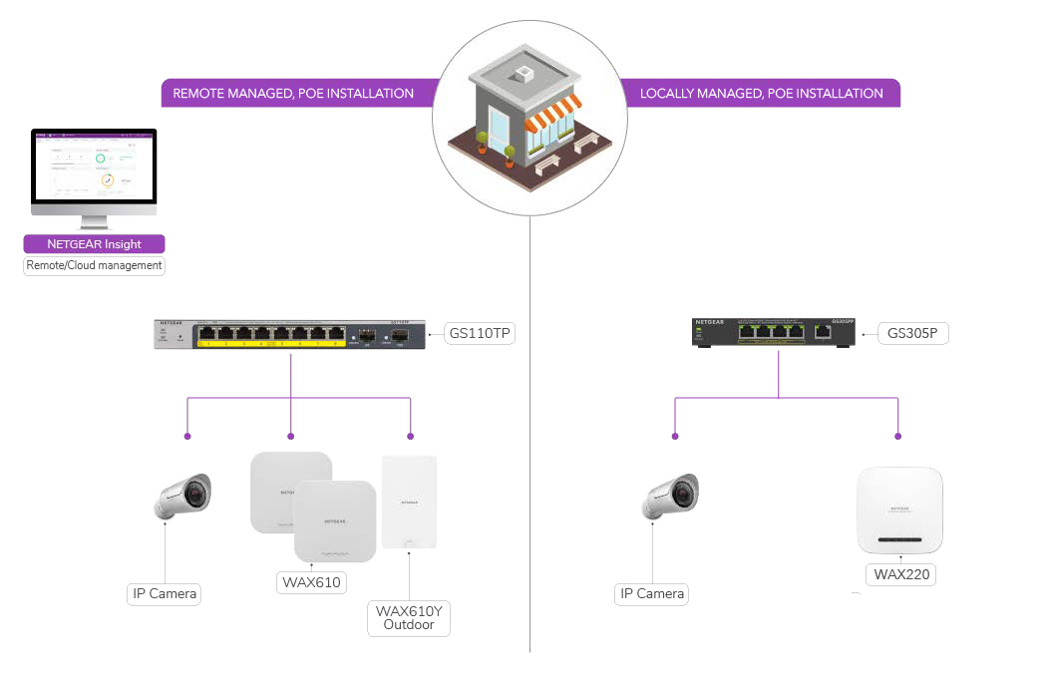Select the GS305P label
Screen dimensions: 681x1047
click(x=913, y=333)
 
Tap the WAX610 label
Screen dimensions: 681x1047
click(x=310, y=581)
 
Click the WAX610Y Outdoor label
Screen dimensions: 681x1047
click(x=409, y=617)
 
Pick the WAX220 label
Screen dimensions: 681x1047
click(x=899, y=574)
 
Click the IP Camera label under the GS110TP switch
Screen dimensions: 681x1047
click(x=165, y=594)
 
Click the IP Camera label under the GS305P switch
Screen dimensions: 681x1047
click(x=652, y=594)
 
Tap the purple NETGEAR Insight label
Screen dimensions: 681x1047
click(x=94, y=244)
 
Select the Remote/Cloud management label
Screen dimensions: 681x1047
click(x=94, y=266)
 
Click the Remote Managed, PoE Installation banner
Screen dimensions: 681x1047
click(x=293, y=94)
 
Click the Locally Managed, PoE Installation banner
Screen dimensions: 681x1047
click(x=762, y=94)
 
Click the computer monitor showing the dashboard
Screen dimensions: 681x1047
click(x=94, y=171)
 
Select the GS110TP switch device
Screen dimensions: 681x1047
click(x=290, y=335)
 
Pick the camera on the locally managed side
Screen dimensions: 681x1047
click(x=671, y=495)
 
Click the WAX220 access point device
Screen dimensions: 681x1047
click(x=898, y=510)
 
